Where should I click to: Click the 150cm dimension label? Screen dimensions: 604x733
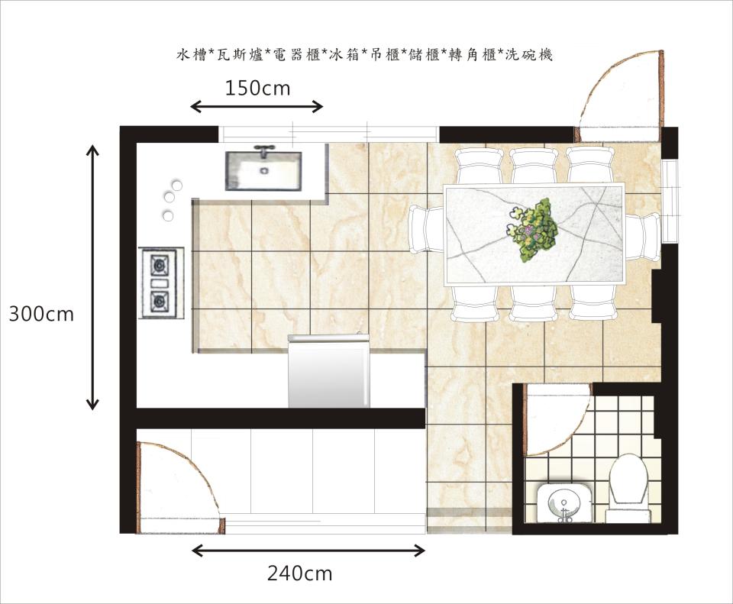pos(257,89)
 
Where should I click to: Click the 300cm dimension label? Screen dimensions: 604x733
pos(41,314)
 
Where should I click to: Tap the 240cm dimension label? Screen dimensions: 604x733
pos(299,573)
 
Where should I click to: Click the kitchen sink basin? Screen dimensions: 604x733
pos(263,171)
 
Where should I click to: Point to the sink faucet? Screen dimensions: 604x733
pos(264,150)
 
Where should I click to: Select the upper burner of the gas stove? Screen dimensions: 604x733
pos(160,266)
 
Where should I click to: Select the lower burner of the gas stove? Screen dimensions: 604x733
pos(160,301)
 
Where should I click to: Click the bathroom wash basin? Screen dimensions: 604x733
pos(564,504)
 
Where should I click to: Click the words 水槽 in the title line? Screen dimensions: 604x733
pos(192,55)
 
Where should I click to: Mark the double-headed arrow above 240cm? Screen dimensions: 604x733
pos(308,550)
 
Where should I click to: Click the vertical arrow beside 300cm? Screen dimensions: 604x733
pos(92,276)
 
